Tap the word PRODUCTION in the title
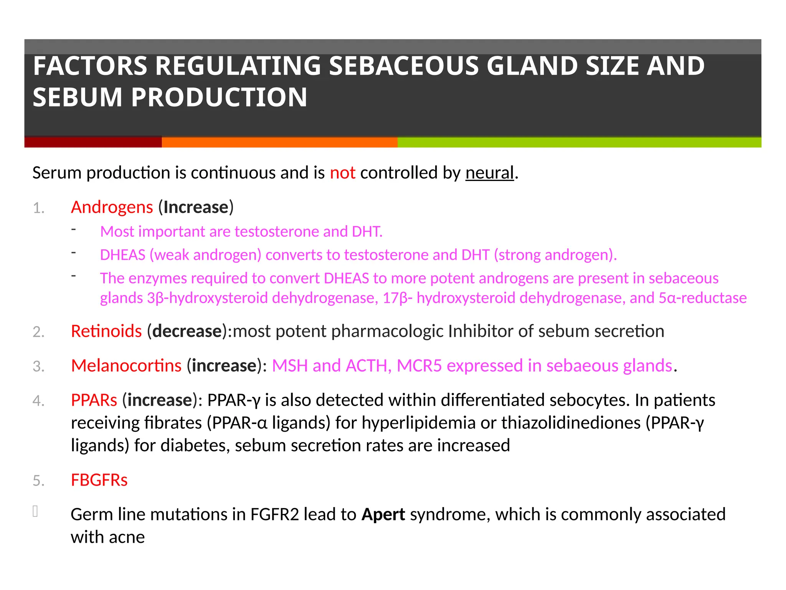tap(219, 97)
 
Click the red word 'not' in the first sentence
tap(342, 173)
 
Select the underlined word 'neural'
tap(489, 173)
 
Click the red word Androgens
tap(112, 207)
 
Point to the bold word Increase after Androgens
tap(196, 207)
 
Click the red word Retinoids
tap(106, 331)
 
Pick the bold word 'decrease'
tap(187, 331)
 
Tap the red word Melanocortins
tap(126, 366)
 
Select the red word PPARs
tap(94, 400)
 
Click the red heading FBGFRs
tap(99, 480)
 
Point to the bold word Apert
tap(383, 515)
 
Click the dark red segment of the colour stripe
tap(93, 142)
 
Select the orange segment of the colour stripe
tap(279, 142)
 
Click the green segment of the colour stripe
tap(579, 142)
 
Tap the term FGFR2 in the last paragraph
tap(274, 515)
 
